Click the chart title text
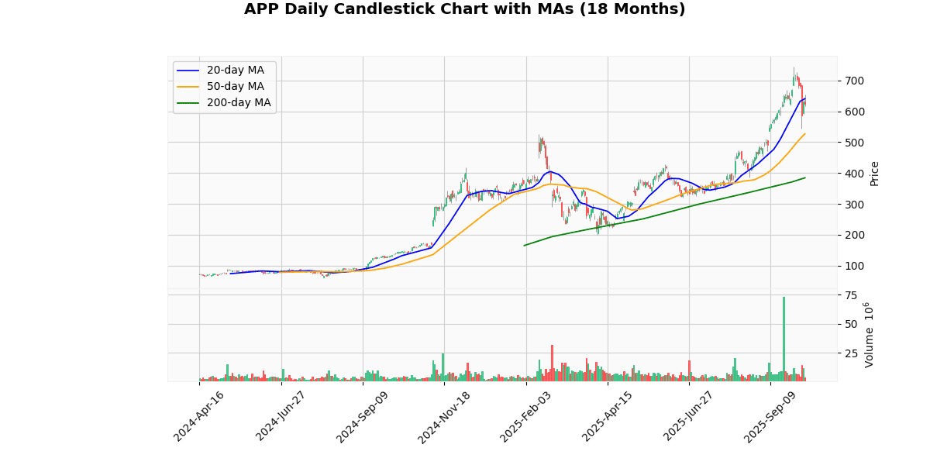tap(464, 9)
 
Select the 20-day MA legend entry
tap(235, 71)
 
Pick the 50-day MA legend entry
tap(235, 87)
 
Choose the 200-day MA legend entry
tap(238, 103)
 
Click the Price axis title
tap(875, 174)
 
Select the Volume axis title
tap(870, 335)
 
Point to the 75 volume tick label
tap(851, 295)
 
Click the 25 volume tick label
tap(851, 353)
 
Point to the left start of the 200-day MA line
tap(525, 246)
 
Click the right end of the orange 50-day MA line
tap(805, 133)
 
